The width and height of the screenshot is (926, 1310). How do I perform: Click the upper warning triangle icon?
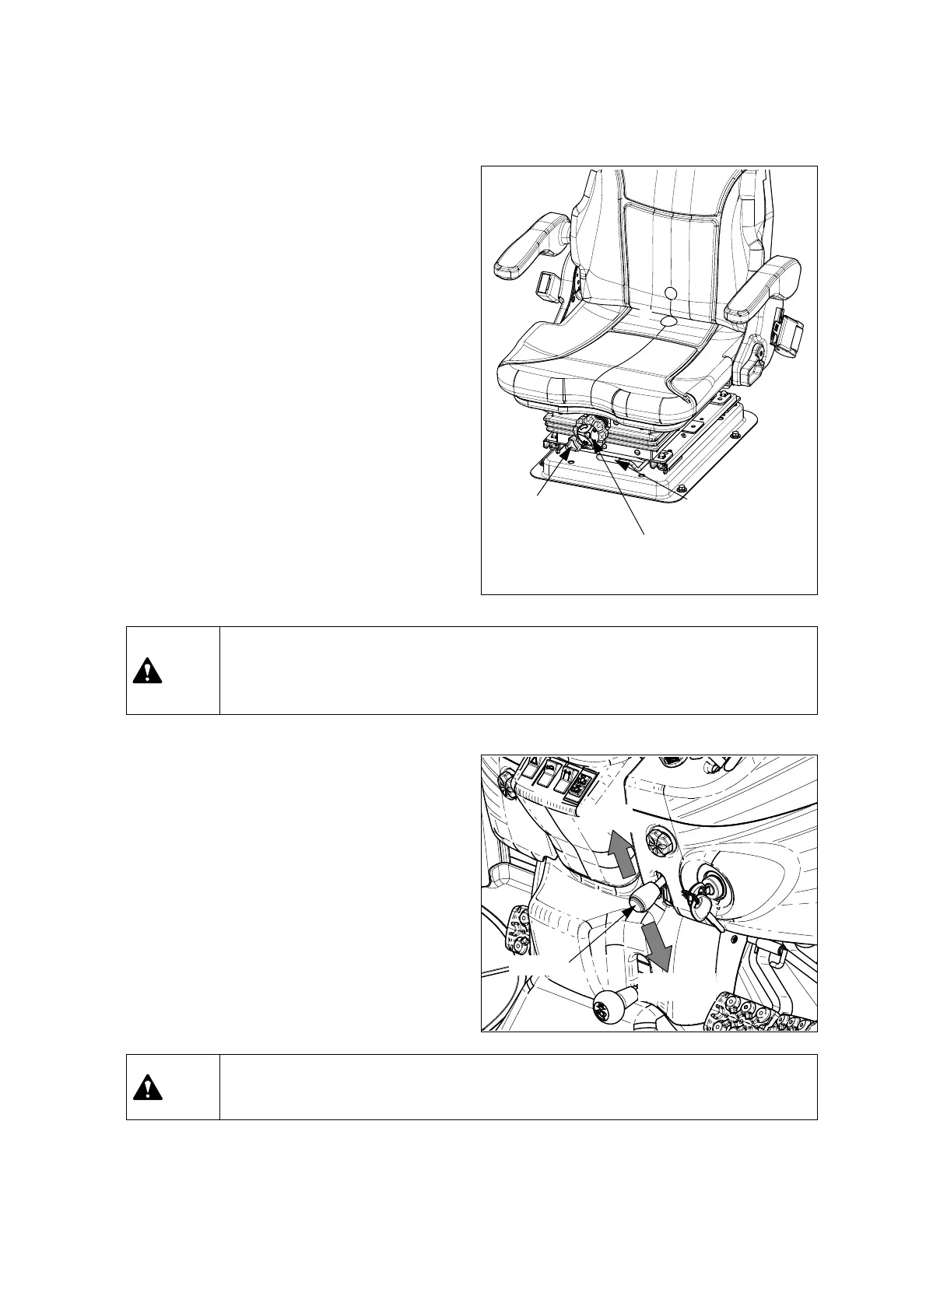(147, 671)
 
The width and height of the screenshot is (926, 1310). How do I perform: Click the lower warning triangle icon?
(147, 1087)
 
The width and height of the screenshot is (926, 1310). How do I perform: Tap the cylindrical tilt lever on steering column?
(643, 902)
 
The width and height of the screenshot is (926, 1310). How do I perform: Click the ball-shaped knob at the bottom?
(611, 1008)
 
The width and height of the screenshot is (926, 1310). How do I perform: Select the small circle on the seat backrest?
(672, 293)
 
